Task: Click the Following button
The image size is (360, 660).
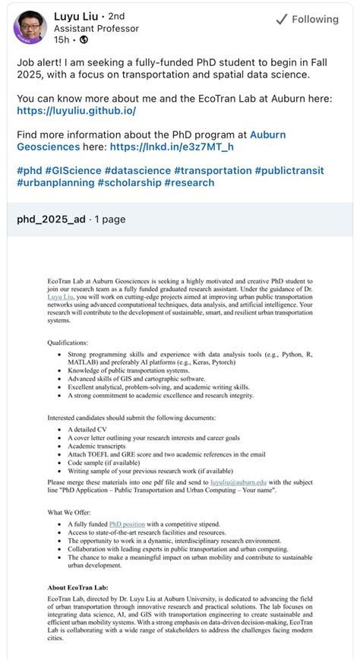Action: click(x=308, y=20)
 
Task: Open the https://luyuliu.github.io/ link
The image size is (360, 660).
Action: click(x=76, y=111)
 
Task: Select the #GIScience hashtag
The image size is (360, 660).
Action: click(x=73, y=170)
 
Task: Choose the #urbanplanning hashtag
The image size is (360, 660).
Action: click(x=54, y=182)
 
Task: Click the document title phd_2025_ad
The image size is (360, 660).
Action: click(x=50, y=219)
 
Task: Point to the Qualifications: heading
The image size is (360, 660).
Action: click(x=67, y=343)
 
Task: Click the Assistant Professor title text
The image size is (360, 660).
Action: click(x=96, y=29)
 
